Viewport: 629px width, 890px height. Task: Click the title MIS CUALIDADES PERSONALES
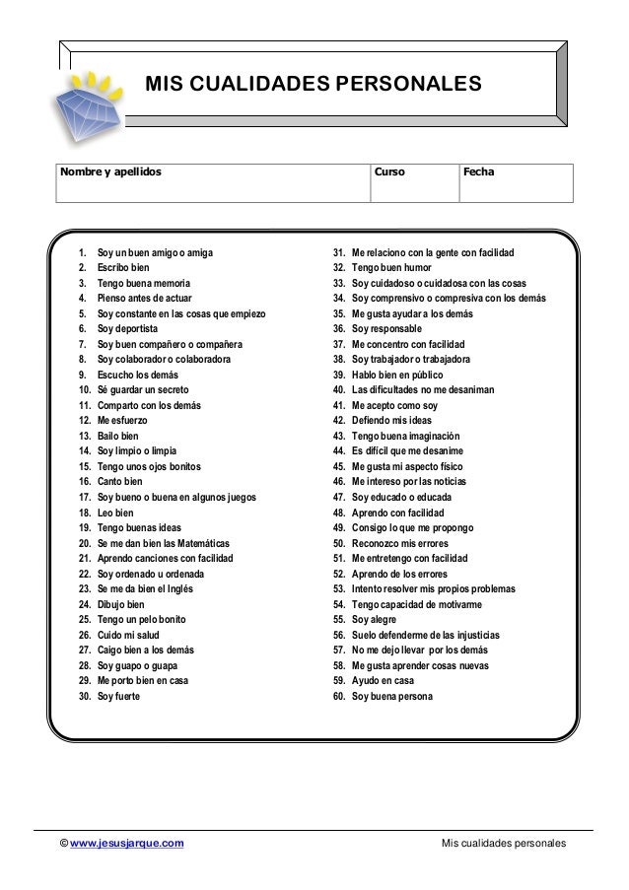tap(314, 86)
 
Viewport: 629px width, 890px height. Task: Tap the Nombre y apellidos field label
tap(109, 172)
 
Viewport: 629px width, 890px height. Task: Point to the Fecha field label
tap(478, 172)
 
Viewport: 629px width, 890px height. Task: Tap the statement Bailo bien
tap(118, 436)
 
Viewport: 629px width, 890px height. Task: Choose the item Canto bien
tap(119, 481)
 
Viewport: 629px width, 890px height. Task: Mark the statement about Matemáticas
tap(164, 543)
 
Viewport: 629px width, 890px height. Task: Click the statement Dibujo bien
tap(120, 604)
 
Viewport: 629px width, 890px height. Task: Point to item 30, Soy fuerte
tap(118, 696)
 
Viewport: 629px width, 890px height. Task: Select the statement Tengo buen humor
tap(391, 267)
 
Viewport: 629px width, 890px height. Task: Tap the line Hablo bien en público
tap(397, 375)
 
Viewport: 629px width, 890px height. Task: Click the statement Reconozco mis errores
tap(400, 543)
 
